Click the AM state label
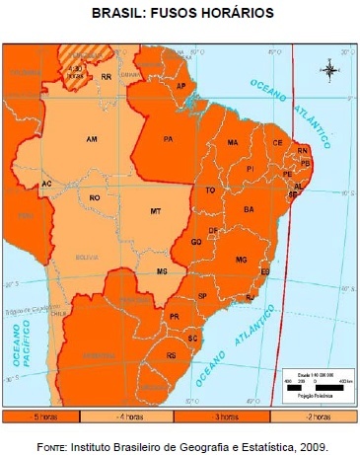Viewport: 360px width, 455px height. pos(92,138)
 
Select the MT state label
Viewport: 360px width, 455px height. pos(155,212)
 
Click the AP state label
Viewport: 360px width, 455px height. pos(180,86)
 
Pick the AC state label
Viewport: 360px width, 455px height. pos(46,184)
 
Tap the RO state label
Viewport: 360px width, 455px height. pos(95,198)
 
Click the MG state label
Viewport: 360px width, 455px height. pos(241,259)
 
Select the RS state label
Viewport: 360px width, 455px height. pos(172,354)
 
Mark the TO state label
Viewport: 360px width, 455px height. pos(209,190)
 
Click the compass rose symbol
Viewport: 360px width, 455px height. pos(328,69)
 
